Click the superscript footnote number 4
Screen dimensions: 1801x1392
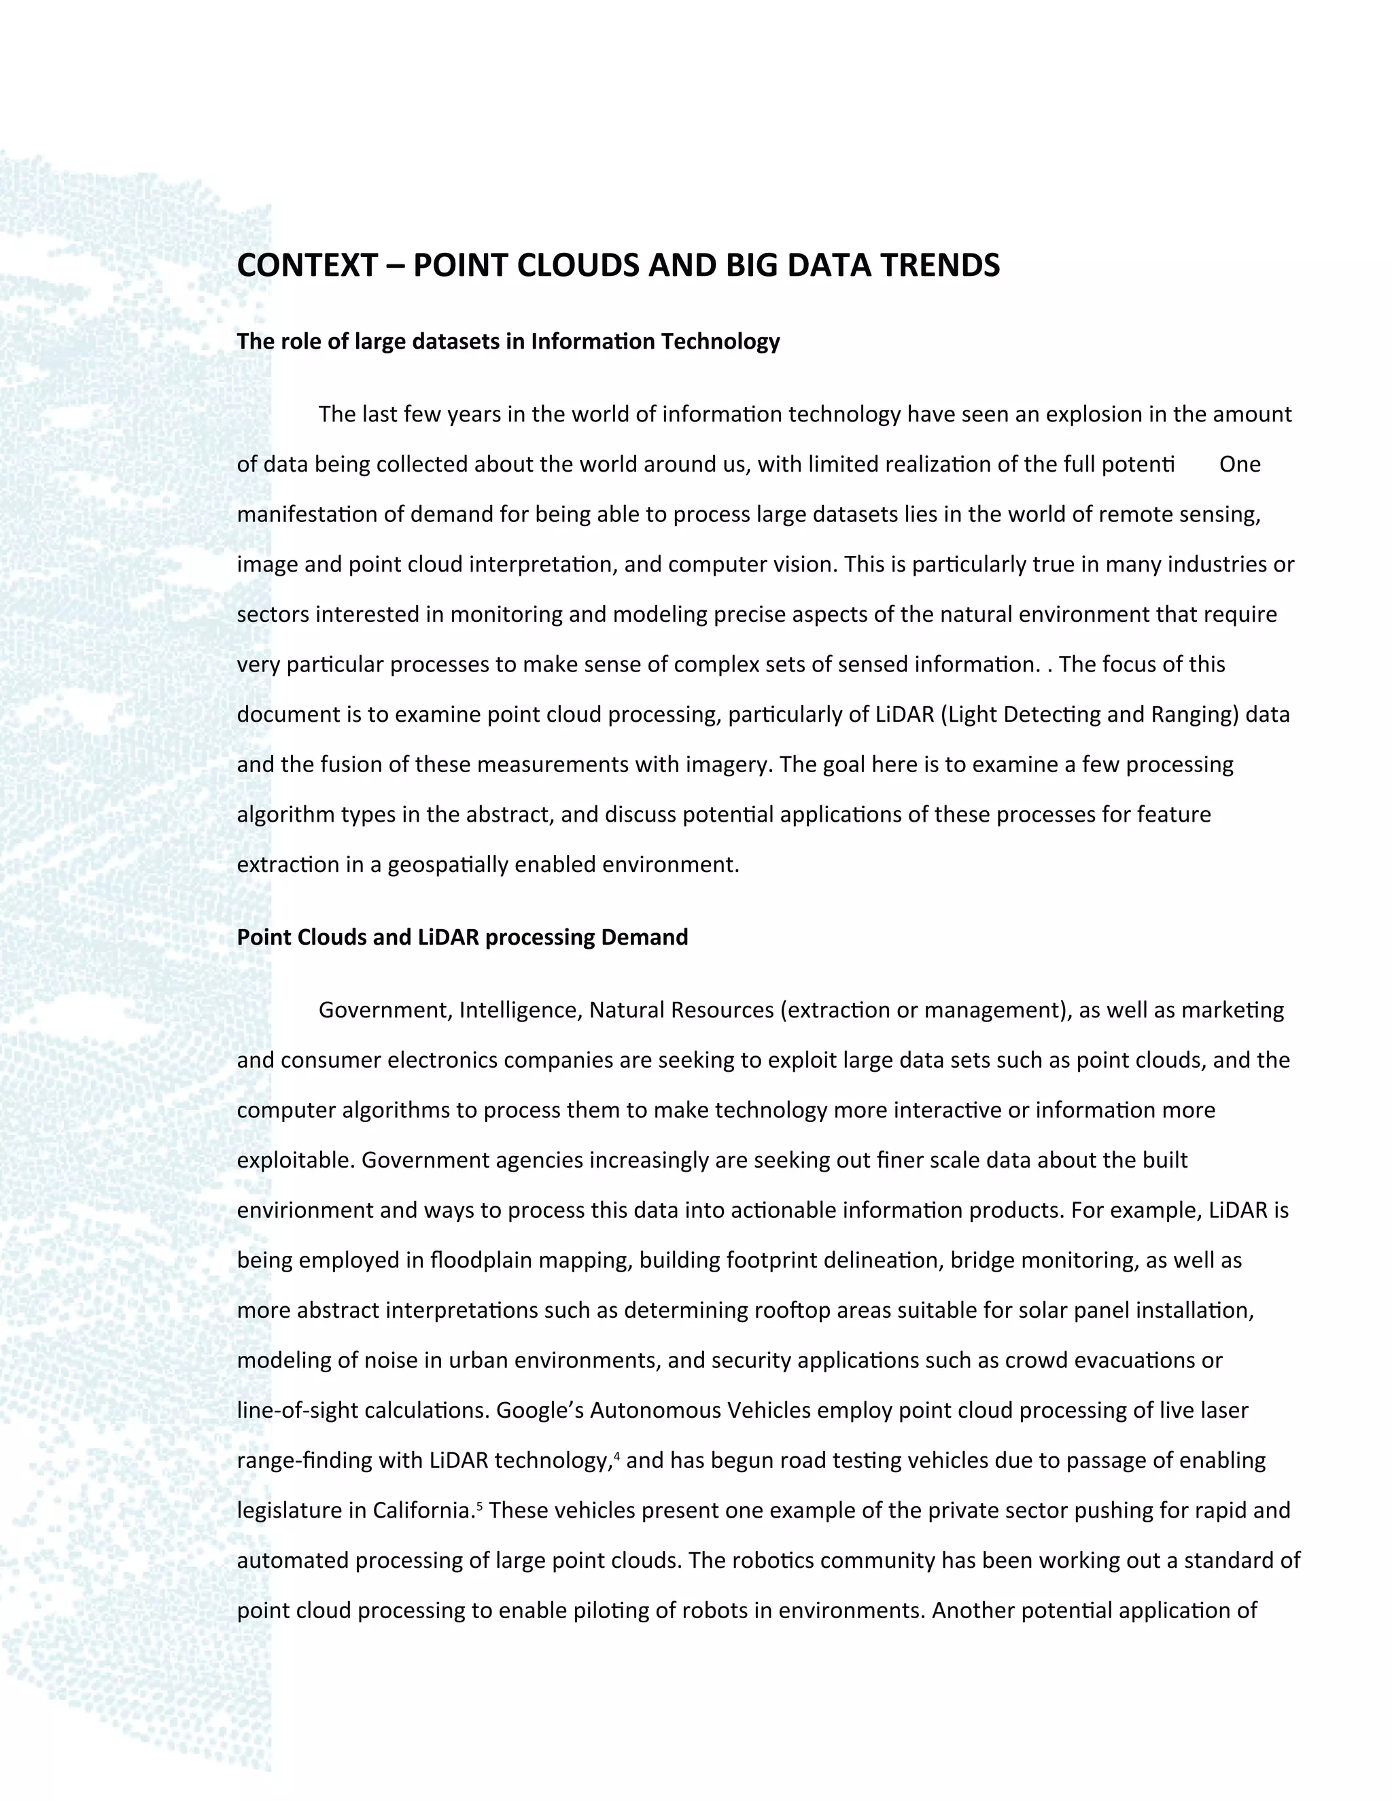tap(618, 1454)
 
